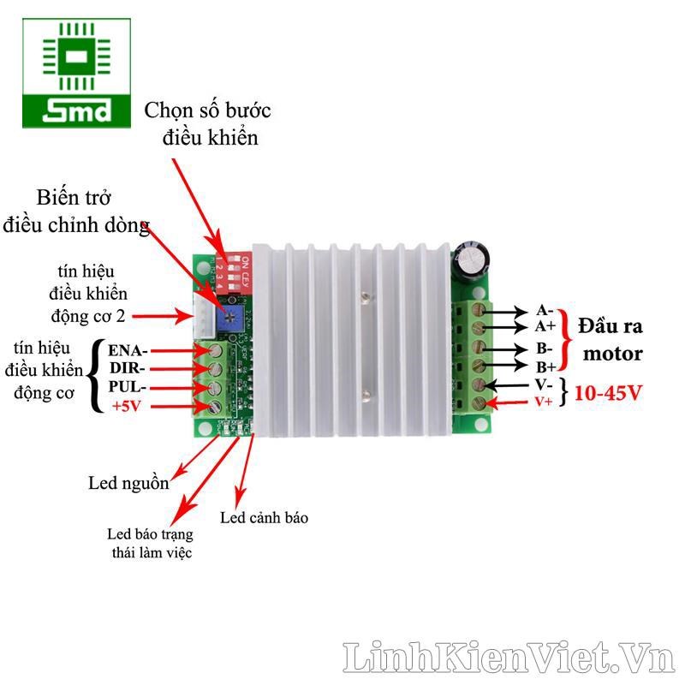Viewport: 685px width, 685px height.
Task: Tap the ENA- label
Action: pyautogui.click(x=128, y=350)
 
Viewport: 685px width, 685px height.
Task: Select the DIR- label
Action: pyautogui.click(x=128, y=369)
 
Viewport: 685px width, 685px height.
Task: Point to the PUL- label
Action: pyautogui.click(x=128, y=387)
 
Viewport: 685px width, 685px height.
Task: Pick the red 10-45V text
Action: pyautogui.click(x=609, y=393)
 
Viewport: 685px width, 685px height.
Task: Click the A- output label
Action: pyautogui.click(x=545, y=310)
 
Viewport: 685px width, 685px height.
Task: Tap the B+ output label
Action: pyautogui.click(x=545, y=367)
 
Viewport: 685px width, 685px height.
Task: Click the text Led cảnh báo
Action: pyautogui.click(x=264, y=517)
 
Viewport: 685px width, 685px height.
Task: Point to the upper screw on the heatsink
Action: pyautogui.click(x=366, y=297)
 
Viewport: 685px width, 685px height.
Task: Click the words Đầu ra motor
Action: pyautogui.click(x=610, y=339)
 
